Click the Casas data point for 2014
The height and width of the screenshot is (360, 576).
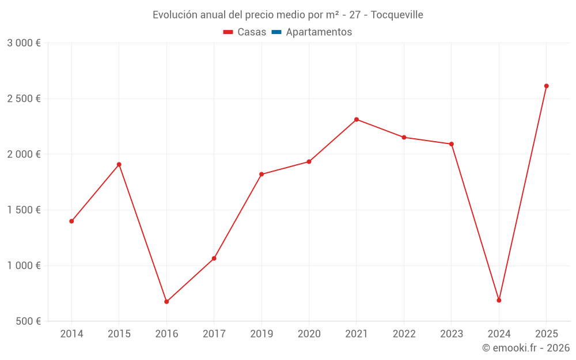pos(71,221)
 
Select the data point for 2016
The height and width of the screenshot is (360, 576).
pos(166,302)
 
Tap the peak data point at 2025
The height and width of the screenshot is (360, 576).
pos(547,86)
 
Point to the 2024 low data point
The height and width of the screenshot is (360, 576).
pos(499,300)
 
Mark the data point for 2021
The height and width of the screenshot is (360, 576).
pos(357,119)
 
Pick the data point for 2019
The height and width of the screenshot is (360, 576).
pos(262,174)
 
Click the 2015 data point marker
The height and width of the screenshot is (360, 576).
pos(119,164)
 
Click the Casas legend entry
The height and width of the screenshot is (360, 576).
pos(245,32)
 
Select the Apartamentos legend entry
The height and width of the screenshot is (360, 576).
pos(319,32)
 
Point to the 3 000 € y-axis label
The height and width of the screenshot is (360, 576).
pos(24,43)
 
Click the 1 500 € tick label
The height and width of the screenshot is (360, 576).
pos(24,210)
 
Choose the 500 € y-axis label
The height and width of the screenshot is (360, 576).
pos(28,321)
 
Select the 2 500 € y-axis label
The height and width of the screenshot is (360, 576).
pos(24,98)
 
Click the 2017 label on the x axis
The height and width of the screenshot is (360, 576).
pos(214,334)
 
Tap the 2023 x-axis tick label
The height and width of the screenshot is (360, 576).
pos(452,334)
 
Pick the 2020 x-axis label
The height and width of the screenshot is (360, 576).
pos(309,334)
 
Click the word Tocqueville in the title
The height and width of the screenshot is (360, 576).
pos(397,15)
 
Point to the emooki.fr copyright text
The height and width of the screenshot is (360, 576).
pos(526,348)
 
